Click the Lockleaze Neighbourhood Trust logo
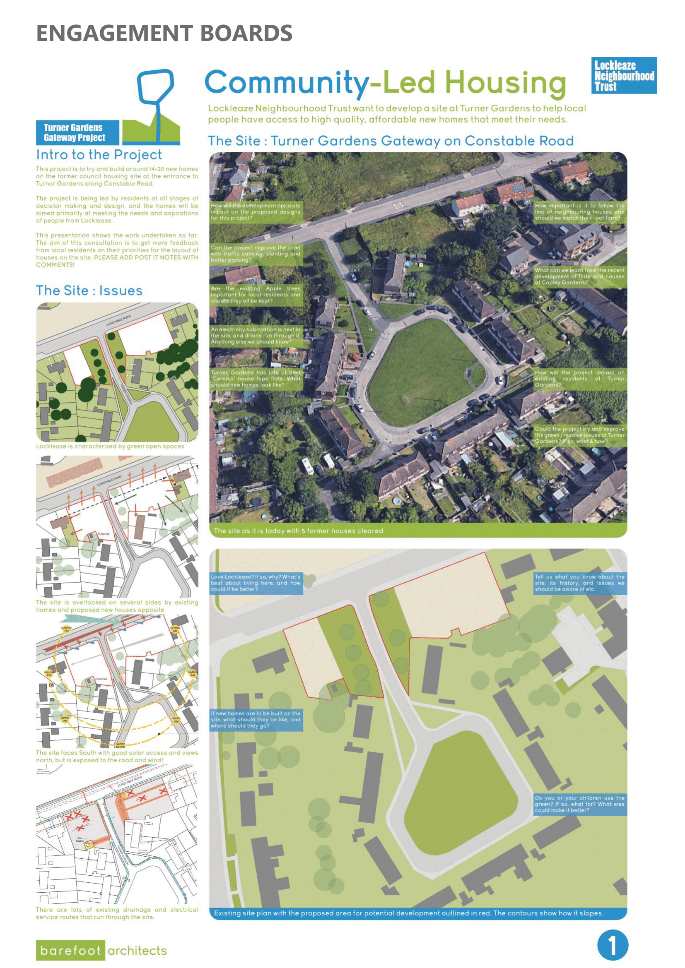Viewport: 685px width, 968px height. (623, 75)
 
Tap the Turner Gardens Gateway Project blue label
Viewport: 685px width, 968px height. (77, 132)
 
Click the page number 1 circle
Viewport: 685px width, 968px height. (613, 945)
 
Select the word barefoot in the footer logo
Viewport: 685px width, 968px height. (70, 950)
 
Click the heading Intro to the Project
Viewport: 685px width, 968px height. (99, 155)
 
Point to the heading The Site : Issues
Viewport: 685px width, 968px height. (89, 291)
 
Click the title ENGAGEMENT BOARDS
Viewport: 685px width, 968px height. (164, 33)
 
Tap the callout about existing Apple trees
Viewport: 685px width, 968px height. (256, 295)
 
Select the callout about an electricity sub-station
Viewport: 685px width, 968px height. (256, 336)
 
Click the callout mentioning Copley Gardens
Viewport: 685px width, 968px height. (579, 276)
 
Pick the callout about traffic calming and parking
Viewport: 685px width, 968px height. (256, 254)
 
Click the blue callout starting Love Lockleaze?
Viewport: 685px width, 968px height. (256, 583)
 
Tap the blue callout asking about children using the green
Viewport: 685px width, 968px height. (579, 804)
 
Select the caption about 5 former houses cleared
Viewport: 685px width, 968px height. (298, 531)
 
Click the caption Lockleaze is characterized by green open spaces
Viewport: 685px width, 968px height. (110, 446)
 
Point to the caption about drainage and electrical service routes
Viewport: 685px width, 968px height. (117, 913)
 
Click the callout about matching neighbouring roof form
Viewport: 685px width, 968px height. (579, 211)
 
